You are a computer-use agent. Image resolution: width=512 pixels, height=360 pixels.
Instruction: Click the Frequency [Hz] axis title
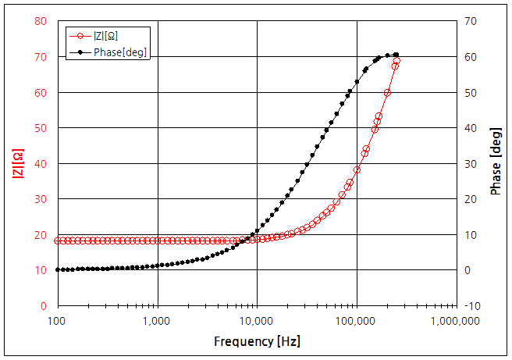click(257, 341)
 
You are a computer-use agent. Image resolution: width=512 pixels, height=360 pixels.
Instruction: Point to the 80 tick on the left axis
click(41, 21)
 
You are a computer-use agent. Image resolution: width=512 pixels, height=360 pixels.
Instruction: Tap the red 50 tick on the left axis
click(41, 128)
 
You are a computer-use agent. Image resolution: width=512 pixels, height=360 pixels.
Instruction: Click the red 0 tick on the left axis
click(44, 306)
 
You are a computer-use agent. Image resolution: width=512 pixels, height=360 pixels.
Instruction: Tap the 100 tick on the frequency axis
click(57, 321)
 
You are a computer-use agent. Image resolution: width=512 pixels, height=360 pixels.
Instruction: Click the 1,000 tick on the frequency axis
click(157, 321)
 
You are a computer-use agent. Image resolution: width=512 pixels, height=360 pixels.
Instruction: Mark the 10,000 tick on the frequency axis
click(257, 321)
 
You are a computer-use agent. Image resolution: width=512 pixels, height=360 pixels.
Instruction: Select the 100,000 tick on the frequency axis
click(357, 321)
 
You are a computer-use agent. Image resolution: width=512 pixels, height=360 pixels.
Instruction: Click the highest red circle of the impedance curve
click(396, 60)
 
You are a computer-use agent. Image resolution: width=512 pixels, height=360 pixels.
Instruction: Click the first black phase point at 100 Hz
click(57, 269)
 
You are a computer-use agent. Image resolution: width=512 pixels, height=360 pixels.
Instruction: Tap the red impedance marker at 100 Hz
click(57, 241)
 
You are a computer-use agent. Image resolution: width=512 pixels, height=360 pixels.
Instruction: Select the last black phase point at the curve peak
click(396, 55)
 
